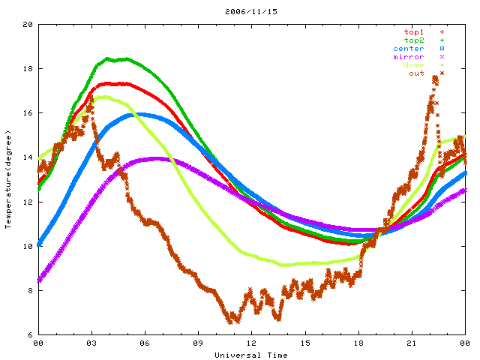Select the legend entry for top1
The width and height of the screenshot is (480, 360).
click(x=413, y=31)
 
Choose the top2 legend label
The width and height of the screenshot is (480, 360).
click(x=413, y=40)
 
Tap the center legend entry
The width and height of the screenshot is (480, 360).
click(x=409, y=48)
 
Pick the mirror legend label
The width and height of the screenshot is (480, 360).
click(x=409, y=56)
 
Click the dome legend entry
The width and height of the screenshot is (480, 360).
click(x=413, y=64)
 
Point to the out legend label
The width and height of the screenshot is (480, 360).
click(x=416, y=73)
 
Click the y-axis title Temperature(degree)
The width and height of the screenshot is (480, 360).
click(x=8, y=179)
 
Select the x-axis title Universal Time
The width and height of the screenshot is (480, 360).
click(x=250, y=355)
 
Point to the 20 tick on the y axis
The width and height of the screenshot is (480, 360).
click(x=28, y=25)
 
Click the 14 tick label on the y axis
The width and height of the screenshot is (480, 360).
click(x=28, y=157)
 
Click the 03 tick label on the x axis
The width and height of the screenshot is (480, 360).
click(x=91, y=343)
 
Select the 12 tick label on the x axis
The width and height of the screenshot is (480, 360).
click(x=251, y=343)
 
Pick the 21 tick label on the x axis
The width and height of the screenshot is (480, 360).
click(x=411, y=343)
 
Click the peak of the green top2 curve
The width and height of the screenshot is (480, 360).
click(x=109, y=58)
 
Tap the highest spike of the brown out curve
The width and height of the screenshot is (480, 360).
click(x=436, y=76)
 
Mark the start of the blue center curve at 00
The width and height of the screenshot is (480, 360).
click(x=39, y=244)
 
